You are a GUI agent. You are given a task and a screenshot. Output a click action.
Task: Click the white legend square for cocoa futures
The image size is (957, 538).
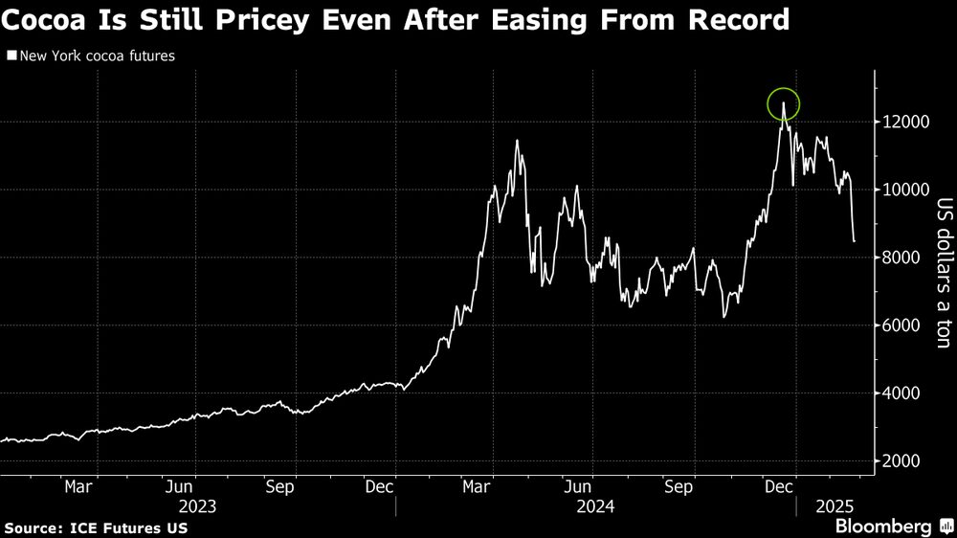pyautogui.click(x=10, y=56)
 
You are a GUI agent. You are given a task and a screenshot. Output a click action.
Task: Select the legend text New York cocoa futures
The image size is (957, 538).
pyautogui.click(x=95, y=56)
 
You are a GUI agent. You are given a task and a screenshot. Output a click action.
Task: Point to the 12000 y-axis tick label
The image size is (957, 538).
pyautogui.click(x=901, y=123)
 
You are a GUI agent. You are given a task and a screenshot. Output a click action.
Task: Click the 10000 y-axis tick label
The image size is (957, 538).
pyautogui.click(x=901, y=190)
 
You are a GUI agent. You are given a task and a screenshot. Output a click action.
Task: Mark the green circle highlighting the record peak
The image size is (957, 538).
pyautogui.click(x=783, y=104)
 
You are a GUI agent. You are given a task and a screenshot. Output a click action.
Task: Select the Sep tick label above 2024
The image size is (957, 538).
pyautogui.click(x=679, y=486)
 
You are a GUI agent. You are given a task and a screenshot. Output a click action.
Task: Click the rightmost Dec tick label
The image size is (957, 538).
pyautogui.click(x=781, y=486)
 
